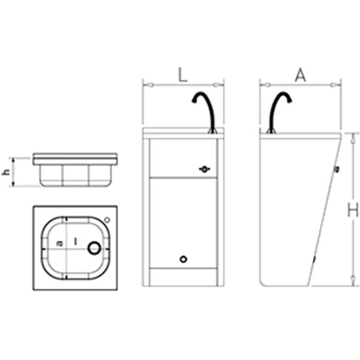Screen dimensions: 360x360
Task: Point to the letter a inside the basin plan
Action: [59, 242]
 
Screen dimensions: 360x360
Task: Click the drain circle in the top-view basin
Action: [94, 247]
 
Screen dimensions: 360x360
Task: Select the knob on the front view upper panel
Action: [205, 170]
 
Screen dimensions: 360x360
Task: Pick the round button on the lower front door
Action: [184, 259]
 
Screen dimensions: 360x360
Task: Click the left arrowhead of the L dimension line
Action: [145, 85]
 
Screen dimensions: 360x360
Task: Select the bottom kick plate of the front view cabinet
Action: [182, 277]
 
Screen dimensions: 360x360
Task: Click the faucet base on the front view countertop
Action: [211, 128]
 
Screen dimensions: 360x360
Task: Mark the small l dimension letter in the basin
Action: [75, 239]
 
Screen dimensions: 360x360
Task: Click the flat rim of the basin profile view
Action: [77, 159]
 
